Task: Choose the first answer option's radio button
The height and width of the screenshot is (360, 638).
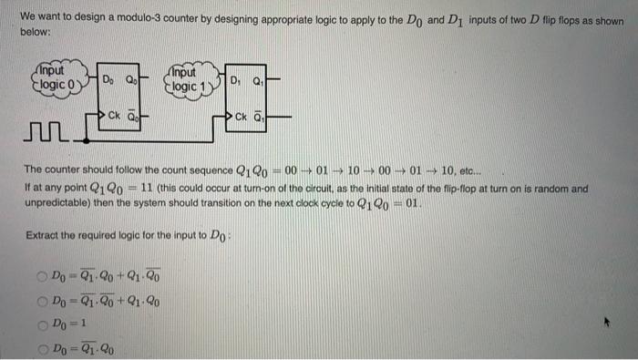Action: click(43, 275)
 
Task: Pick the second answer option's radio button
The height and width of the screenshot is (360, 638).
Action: click(43, 300)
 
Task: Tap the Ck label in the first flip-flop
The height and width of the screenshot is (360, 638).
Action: click(115, 116)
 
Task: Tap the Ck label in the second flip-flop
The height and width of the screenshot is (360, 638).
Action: click(242, 117)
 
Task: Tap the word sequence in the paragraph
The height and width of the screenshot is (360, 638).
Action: click(206, 169)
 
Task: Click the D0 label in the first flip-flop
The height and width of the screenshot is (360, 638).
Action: click(107, 78)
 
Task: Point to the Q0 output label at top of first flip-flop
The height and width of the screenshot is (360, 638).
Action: click(130, 78)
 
